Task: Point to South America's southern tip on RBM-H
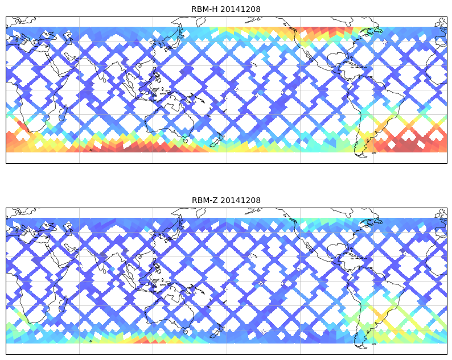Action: click(359, 154)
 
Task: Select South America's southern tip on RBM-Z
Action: click(359, 345)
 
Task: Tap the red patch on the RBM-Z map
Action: click(142, 340)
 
